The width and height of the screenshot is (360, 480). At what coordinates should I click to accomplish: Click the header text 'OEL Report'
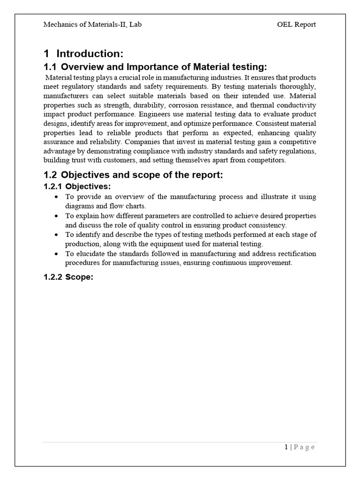[x=296, y=24]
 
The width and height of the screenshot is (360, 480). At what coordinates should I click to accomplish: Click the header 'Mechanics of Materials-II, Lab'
[x=92, y=24]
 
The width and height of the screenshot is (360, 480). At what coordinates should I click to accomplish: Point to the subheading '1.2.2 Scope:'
[x=68, y=277]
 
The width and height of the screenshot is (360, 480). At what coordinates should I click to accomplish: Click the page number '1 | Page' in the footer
[x=300, y=447]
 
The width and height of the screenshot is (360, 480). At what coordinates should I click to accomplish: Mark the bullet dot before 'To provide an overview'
[x=57, y=197]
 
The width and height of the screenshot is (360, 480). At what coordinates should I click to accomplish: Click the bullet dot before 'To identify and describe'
[x=57, y=235]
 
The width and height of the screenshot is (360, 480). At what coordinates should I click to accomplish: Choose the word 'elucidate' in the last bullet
[x=90, y=254]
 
